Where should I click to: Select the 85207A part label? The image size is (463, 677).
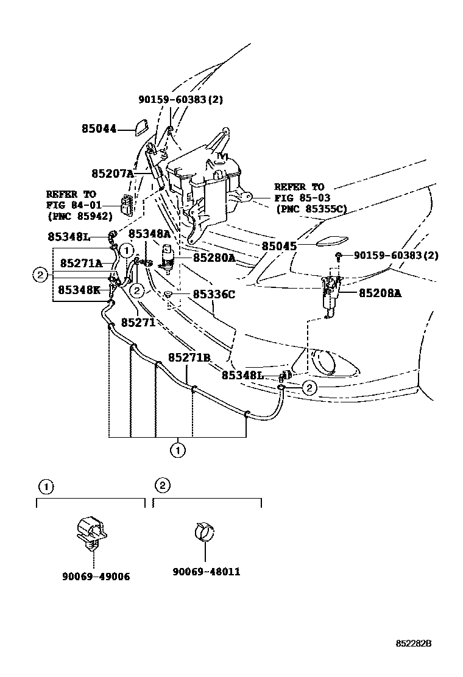coord(112,174)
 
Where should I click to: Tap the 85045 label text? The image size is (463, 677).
coord(279,247)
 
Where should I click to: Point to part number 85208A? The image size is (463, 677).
coord(380,293)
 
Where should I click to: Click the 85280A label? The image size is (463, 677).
coord(214,258)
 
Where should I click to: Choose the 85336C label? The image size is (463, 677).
coord(214,295)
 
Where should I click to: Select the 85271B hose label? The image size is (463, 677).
coord(189,357)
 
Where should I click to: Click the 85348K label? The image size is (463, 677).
coord(79,290)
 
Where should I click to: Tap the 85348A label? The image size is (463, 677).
coord(149,234)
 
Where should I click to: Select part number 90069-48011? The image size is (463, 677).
coord(206,572)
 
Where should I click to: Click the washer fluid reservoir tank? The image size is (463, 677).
coord(204,183)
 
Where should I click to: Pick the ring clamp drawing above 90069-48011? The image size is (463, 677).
coord(205,531)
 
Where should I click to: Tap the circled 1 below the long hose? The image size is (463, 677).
coord(177,451)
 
